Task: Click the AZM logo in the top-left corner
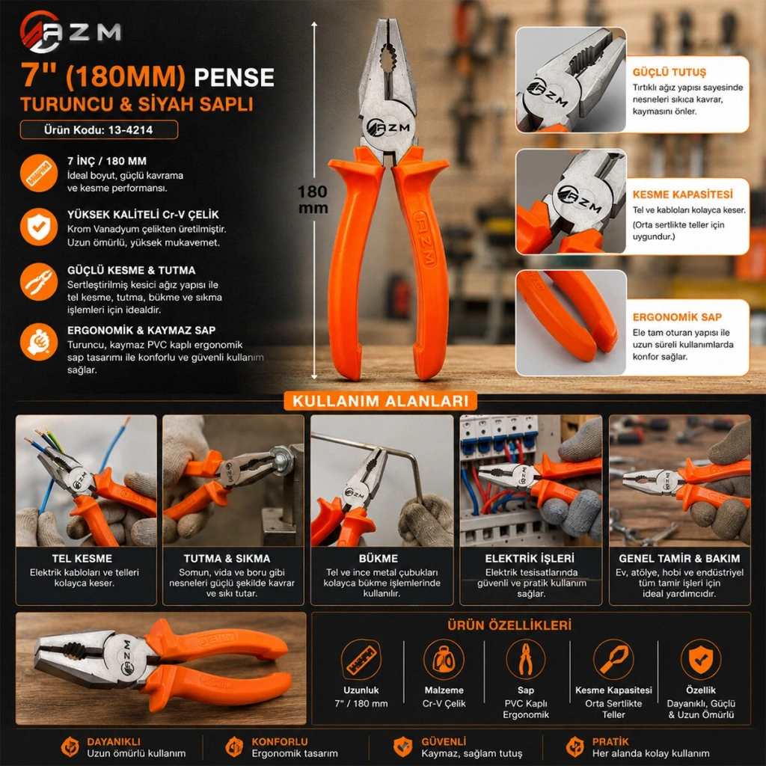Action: click(70, 31)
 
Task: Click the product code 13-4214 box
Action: click(99, 129)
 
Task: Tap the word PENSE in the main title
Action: click(234, 77)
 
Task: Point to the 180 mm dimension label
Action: click(313, 199)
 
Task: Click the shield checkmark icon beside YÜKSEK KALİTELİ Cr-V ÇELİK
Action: click(39, 227)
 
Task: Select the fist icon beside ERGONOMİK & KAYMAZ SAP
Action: click(39, 341)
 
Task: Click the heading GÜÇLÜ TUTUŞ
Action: click(670, 73)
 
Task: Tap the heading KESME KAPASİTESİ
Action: click(682, 194)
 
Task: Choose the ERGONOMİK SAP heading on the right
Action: click(677, 317)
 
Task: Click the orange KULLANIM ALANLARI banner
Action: click(381, 401)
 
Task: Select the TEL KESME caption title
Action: click(82, 558)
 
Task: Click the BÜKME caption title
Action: click(379, 558)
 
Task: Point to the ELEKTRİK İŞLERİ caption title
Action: click(530, 558)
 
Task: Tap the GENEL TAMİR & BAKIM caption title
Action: click(679, 558)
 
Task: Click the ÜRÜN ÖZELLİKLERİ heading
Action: click(509, 625)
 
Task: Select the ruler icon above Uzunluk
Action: click(361, 660)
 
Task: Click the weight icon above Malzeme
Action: click(444, 660)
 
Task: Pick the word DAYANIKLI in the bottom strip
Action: click(114, 741)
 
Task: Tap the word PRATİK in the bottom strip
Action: click(610, 741)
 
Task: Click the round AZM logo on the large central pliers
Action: click(388, 127)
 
